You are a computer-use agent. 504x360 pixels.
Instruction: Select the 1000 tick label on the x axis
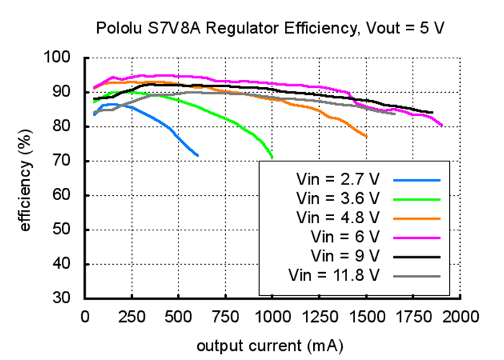point(272,315)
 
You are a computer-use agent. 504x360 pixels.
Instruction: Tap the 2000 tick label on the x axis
point(460,315)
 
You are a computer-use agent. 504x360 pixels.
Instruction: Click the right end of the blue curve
point(197,155)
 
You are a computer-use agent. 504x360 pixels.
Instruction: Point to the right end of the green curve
point(272,156)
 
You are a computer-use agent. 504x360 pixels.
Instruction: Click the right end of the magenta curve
point(441,125)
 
